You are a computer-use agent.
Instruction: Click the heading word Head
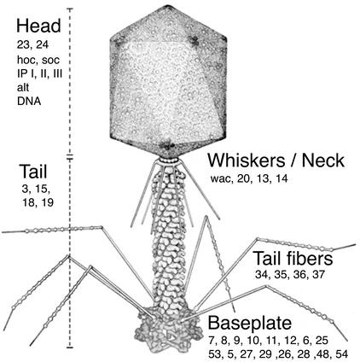coord(38,26)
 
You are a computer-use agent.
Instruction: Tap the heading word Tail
coord(33,172)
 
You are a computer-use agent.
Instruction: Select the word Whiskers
coord(246,160)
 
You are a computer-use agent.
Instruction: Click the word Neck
coord(323,160)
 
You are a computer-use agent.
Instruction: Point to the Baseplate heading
coord(250,323)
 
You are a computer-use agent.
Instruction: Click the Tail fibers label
coord(293,259)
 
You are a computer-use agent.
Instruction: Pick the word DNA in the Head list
coord(29,102)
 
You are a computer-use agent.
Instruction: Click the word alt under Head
coord(23,87)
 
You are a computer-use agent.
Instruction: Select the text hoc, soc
coord(38,60)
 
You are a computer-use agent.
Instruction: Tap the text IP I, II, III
coord(39,73)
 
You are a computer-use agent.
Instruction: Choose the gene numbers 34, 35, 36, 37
coord(290,275)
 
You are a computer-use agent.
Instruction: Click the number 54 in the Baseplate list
coord(341,354)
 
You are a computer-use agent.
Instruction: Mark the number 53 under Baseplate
coord(215,354)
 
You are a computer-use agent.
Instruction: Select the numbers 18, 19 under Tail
coord(38,202)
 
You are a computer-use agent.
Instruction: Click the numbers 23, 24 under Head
coord(32,44)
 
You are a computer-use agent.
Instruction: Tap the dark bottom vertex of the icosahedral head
coord(167,146)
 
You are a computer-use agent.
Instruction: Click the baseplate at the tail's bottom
coord(168,330)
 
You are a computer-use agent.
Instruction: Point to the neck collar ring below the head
coord(168,161)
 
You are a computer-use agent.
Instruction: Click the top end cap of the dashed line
coord(70,9)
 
